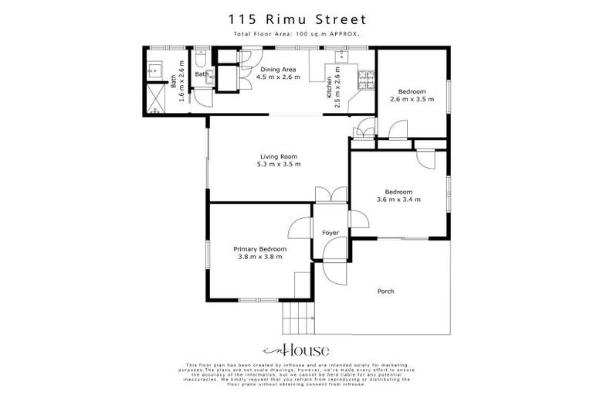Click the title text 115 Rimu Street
point(296,19)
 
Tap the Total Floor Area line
point(296,35)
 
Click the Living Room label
point(279,156)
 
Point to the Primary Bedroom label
point(260,249)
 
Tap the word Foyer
point(330,232)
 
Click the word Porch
point(385,292)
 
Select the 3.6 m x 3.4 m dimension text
point(398,200)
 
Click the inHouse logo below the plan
point(296,350)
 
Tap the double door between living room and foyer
point(330,196)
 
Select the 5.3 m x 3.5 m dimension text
point(279,164)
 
